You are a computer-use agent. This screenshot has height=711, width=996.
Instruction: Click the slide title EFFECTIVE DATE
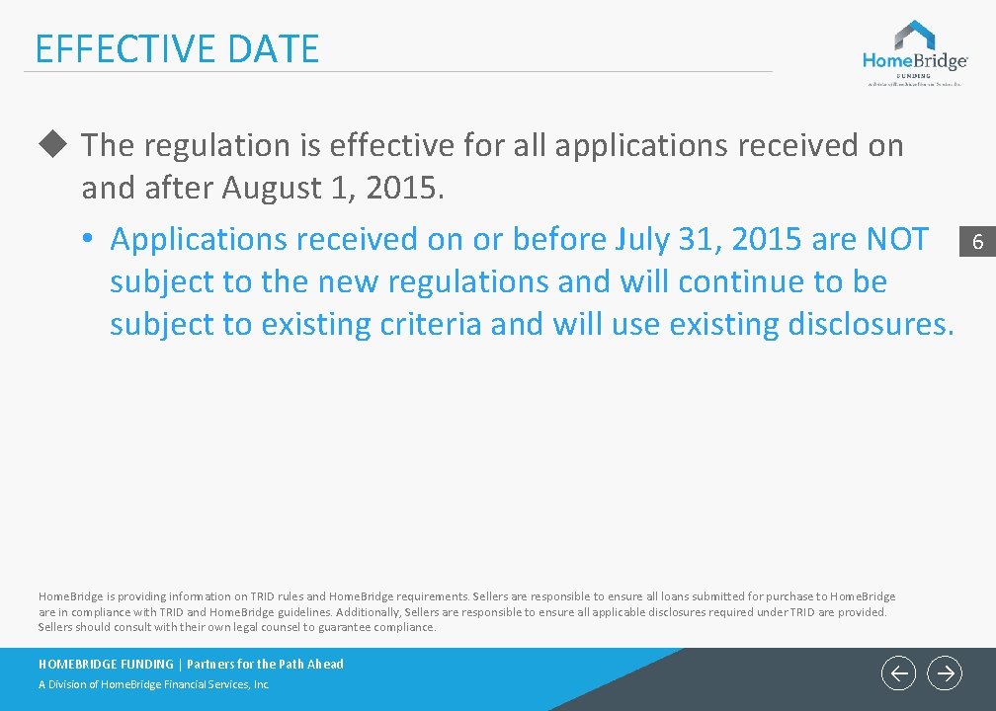pos(177,48)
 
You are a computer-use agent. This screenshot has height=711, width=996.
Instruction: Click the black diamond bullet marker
pos(51,145)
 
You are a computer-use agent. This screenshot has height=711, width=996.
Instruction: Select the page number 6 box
pos(977,241)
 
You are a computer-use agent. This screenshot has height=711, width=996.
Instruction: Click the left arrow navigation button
pos(898,673)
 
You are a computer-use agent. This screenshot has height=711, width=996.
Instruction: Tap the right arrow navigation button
pos(945,673)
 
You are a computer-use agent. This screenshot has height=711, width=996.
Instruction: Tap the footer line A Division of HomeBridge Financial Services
pos(154,684)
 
